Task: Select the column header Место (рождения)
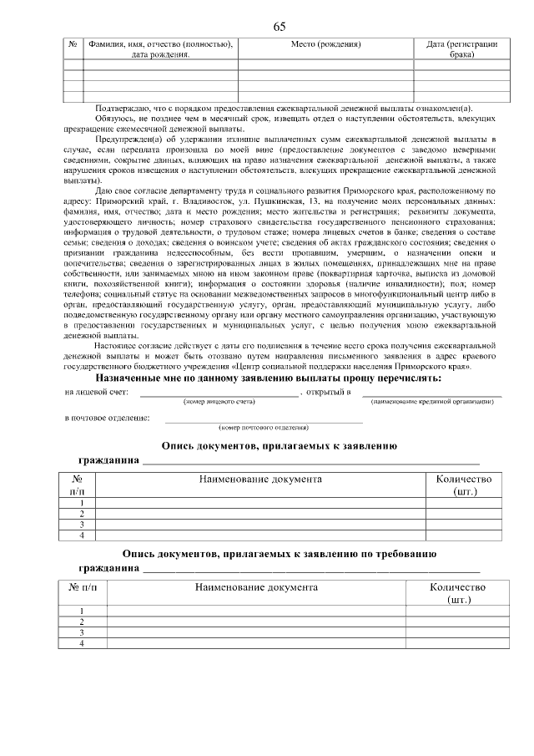point(326,43)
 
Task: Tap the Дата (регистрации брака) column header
point(461,48)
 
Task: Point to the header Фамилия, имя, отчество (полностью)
point(160,43)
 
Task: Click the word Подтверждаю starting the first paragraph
point(123,109)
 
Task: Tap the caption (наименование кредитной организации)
point(431,402)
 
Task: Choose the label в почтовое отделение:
point(108,417)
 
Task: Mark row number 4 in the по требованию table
point(82,643)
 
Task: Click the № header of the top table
point(73,43)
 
